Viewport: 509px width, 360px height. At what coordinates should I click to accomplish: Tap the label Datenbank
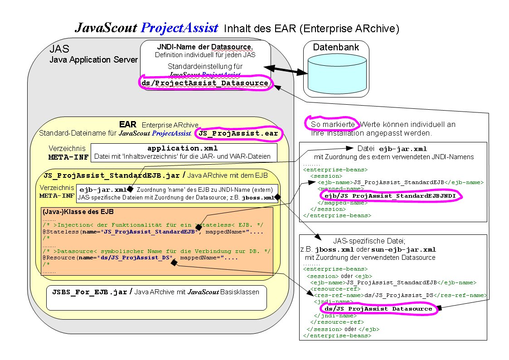(x=336, y=47)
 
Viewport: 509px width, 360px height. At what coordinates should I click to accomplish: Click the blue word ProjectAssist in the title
(x=180, y=28)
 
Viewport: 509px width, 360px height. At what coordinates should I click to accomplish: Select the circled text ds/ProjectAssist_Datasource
(x=205, y=83)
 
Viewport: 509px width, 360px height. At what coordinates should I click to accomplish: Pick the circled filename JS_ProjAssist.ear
(x=238, y=134)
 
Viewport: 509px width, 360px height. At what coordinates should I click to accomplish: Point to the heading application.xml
(x=183, y=148)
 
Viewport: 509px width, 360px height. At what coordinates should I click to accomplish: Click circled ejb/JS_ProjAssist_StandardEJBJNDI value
(x=390, y=195)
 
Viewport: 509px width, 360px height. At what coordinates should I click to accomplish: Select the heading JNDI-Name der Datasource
(x=205, y=47)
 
